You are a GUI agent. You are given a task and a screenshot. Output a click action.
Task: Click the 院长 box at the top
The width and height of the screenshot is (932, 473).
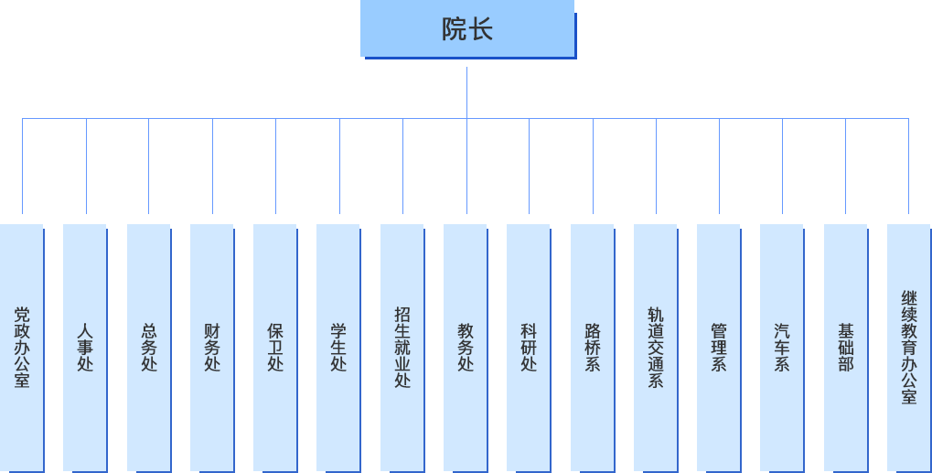coord(466,29)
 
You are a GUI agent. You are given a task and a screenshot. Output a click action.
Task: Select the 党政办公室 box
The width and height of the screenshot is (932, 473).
coord(22,347)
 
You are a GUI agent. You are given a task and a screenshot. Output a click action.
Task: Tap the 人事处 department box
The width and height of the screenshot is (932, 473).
coord(85,347)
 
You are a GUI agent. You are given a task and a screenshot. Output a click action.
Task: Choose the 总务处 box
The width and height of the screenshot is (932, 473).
coord(148,347)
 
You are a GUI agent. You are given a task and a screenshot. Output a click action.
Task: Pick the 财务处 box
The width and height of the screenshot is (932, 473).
coord(211,347)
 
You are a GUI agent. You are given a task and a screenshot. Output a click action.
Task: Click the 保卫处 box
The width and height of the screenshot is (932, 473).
coord(275,347)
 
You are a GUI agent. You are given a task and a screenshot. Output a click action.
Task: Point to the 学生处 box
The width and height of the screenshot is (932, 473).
coord(338,347)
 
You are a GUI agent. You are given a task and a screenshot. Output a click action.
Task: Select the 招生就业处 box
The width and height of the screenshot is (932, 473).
coord(402,347)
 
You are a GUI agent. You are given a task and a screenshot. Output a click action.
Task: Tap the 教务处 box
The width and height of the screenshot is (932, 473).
coord(466,347)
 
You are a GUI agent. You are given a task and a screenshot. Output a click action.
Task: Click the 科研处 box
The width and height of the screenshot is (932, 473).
coord(529,347)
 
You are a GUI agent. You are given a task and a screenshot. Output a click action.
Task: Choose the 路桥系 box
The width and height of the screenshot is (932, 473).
coord(592,347)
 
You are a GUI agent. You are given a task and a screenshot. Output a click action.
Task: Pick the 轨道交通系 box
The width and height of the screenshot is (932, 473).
coord(656,347)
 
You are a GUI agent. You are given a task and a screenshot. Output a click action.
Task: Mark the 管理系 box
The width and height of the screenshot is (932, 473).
coord(719,347)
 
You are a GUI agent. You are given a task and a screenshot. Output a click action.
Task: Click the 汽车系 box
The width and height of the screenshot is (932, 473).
coord(782,347)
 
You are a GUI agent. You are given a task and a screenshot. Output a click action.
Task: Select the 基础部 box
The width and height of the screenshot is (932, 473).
coord(845,347)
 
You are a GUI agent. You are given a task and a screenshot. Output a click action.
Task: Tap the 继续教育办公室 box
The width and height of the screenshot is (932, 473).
coord(908,347)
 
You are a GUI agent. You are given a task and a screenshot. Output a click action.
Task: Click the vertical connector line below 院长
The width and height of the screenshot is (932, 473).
coord(466,91)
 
